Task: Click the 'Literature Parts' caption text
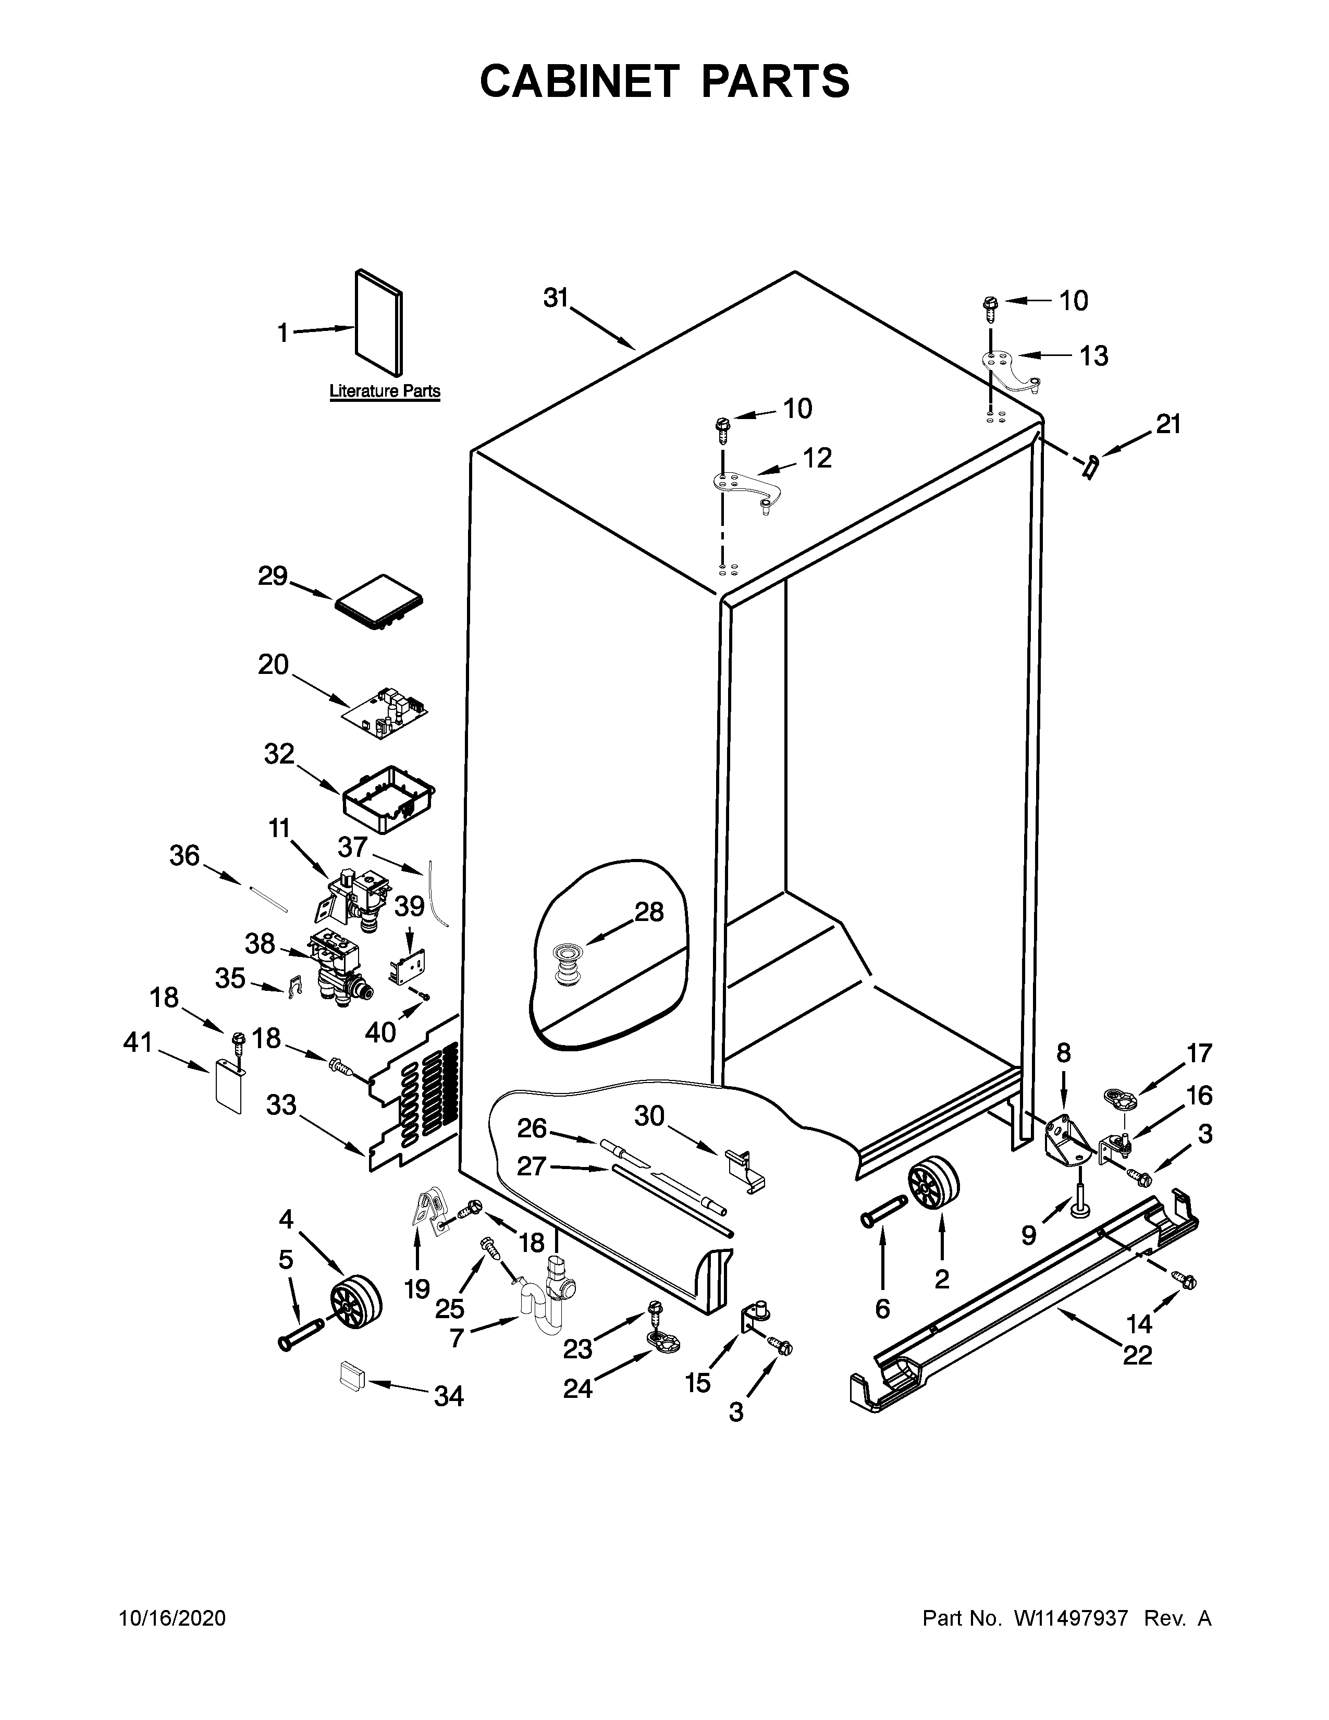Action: (384, 390)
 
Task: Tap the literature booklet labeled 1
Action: (379, 323)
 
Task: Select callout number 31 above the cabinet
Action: (556, 299)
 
